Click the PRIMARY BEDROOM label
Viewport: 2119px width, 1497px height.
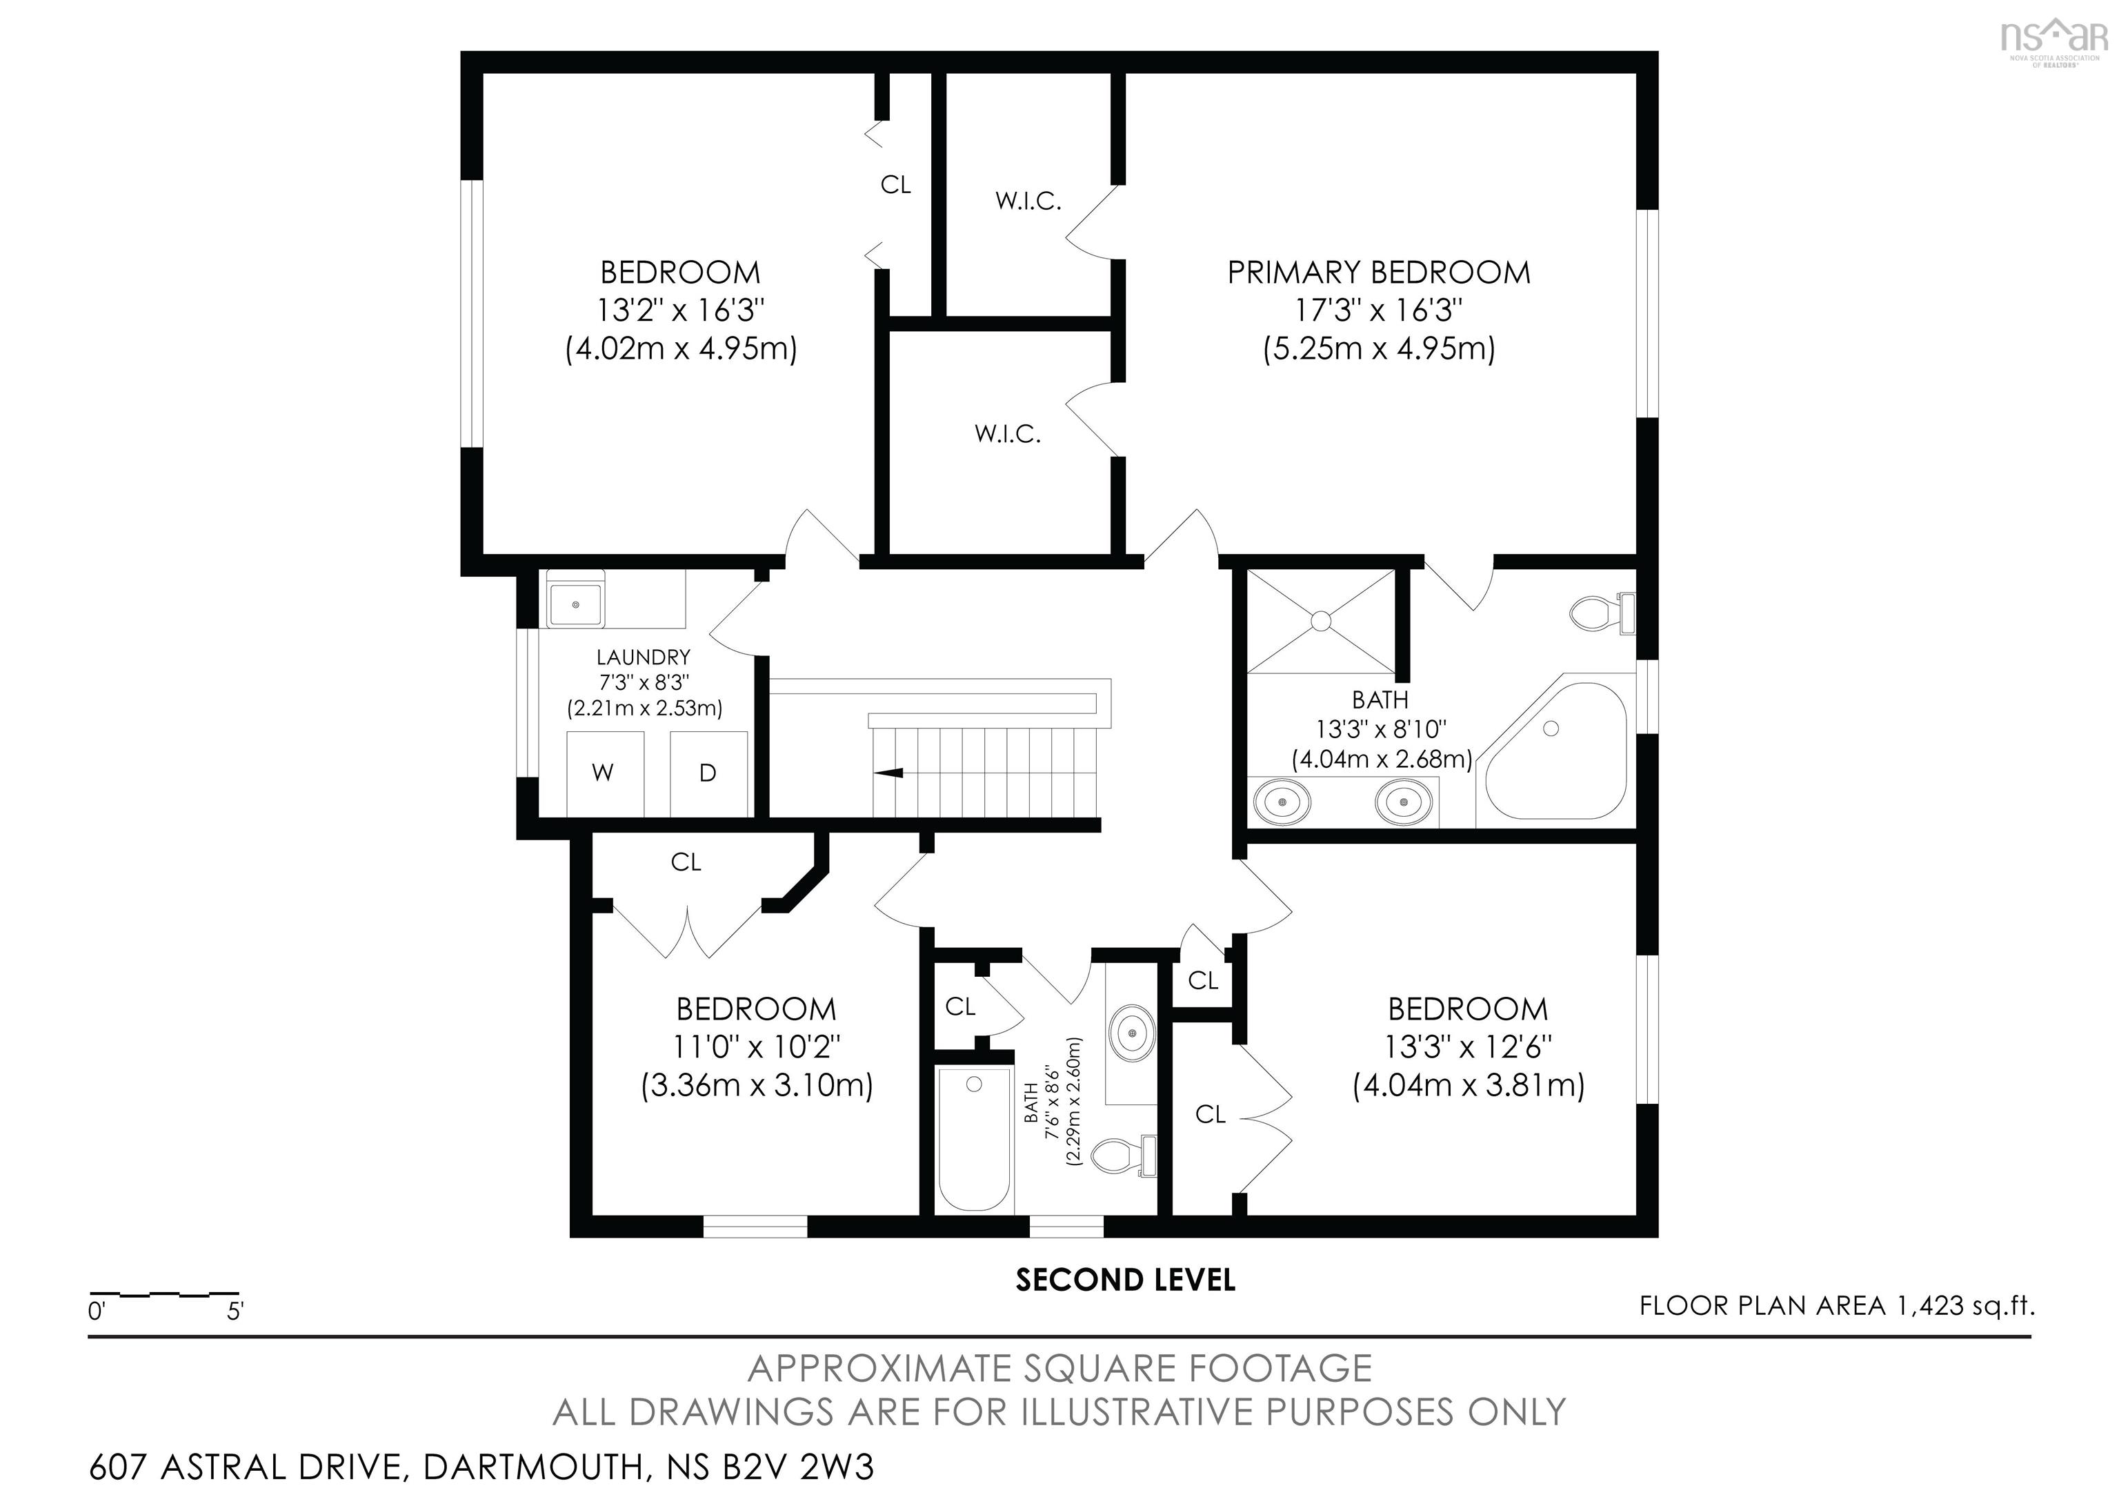coord(1378,272)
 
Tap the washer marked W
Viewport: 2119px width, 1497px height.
coord(604,773)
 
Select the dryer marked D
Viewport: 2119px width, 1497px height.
coord(708,773)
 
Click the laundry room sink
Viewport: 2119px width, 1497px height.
coord(575,604)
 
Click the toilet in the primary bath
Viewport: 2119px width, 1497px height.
coord(1602,614)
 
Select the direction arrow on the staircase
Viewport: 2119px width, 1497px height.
coord(888,773)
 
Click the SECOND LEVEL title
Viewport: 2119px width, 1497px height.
coord(1125,1280)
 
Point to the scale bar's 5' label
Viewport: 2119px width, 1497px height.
coord(235,1311)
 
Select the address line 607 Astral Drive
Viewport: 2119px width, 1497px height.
coord(481,1467)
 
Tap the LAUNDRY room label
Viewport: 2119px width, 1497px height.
coord(644,657)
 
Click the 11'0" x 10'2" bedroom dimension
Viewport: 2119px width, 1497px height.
coord(757,1047)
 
